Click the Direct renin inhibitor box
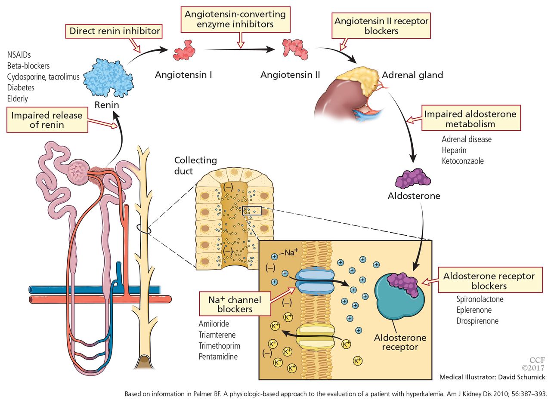pos(114,31)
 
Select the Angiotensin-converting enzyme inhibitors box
pos(235,19)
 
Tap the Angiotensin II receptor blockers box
pos(381,26)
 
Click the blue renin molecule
pos(108,78)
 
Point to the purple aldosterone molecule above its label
pos(413,178)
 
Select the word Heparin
pos(454,150)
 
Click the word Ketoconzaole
pos(463,161)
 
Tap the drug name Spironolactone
pos(480,299)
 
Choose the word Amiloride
pos(214,323)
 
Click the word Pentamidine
pos(218,357)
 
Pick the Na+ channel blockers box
pos(235,304)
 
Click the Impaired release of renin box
pos(47,120)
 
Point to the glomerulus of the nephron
pos(78,172)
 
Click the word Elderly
pos(17,98)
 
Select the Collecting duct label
pos(195,166)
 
